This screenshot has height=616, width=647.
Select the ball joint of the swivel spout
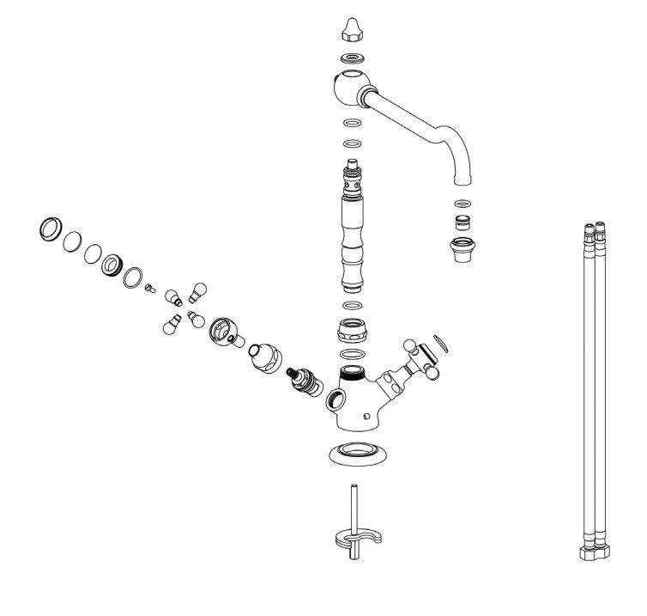coord(349,88)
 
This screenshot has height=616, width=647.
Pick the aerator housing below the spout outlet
coord(463,250)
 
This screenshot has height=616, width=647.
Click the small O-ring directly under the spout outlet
coord(463,204)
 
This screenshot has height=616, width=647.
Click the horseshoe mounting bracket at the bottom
coord(355,540)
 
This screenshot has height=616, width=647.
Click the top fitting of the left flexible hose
coord(587,234)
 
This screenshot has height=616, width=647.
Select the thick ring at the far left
coord(51,229)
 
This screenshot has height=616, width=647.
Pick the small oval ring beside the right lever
coord(441,345)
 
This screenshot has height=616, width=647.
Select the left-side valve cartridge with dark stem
coord(302,381)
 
